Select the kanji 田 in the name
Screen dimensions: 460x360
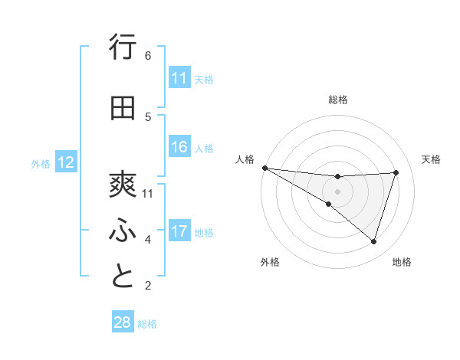click(x=123, y=109)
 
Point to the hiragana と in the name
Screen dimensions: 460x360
click(x=123, y=276)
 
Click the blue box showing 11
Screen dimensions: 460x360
click(x=179, y=78)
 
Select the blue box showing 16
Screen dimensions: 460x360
click(x=179, y=147)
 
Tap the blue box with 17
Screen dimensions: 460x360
click(x=179, y=231)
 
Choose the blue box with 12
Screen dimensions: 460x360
click(x=65, y=162)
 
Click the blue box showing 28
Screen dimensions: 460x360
click(x=123, y=322)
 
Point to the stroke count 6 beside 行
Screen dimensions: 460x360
click(x=148, y=56)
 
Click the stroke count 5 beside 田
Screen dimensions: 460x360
click(x=148, y=116)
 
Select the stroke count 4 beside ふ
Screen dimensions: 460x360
click(x=148, y=240)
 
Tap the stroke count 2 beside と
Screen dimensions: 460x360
click(x=148, y=286)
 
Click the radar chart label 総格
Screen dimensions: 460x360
click(x=338, y=100)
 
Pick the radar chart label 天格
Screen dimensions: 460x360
click(x=431, y=159)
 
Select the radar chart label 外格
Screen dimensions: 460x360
click(x=270, y=262)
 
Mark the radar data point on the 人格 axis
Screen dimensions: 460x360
click(x=264, y=168)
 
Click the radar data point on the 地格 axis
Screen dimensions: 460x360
click(x=373, y=241)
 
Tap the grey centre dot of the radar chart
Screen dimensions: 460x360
click(x=337, y=191)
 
